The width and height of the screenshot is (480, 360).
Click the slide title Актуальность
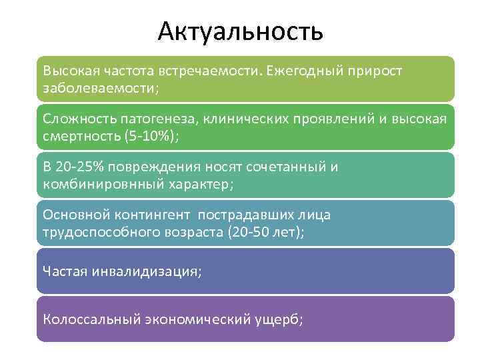[x=241, y=31]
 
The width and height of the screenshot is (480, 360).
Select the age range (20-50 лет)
[x=265, y=232]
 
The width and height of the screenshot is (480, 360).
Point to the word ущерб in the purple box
[x=277, y=319]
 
